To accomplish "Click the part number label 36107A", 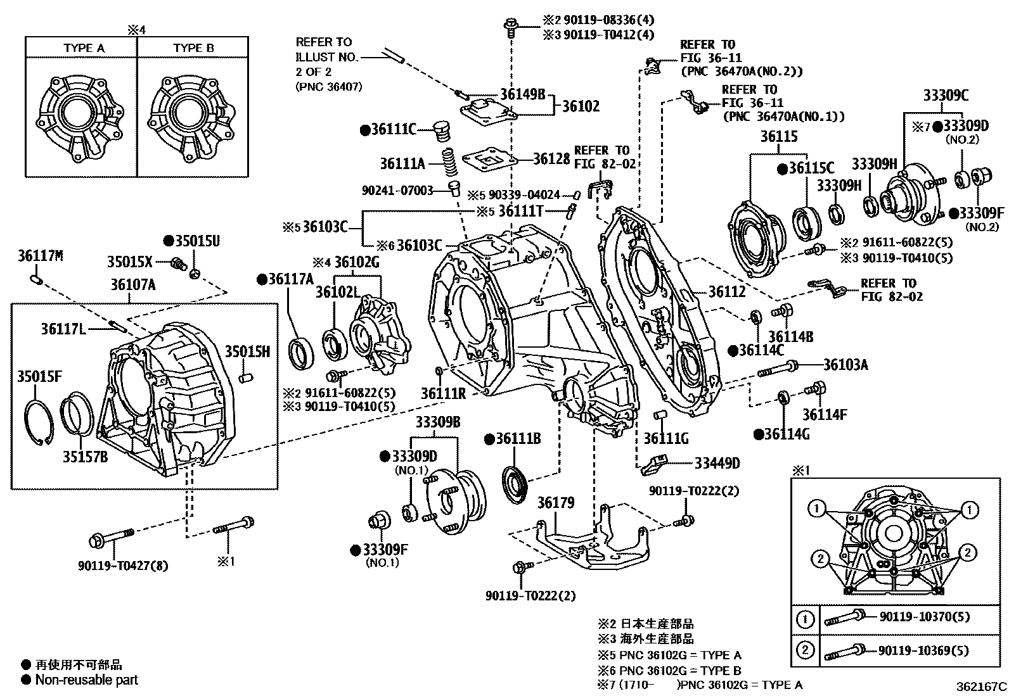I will click(132, 285).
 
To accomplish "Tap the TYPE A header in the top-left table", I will click(84, 48).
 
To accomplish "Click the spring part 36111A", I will click(449, 165).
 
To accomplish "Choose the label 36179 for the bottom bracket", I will click(556, 503).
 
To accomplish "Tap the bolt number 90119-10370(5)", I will click(924, 617).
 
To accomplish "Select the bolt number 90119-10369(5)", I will click(924, 650).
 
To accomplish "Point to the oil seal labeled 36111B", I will click(515, 484).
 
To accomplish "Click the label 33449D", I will click(717, 464).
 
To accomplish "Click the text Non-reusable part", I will click(86, 680).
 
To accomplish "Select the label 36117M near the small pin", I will click(41, 256).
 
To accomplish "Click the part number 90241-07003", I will click(397, 190).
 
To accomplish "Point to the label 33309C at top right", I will click(946, 96).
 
